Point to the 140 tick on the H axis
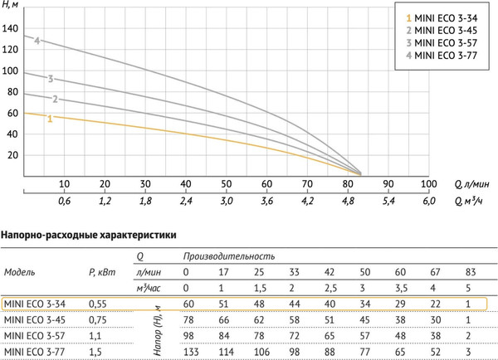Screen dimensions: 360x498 [12, 27]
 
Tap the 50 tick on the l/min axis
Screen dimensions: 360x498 [226, 183]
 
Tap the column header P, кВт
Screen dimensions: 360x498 [102, 271]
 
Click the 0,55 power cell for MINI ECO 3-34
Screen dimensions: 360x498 [98, 304]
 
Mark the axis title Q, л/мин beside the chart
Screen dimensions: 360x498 [471, 183]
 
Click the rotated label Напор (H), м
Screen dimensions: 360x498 [153, 328]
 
